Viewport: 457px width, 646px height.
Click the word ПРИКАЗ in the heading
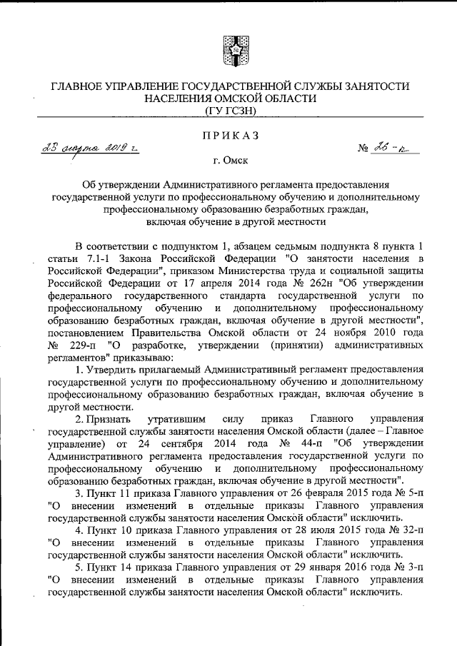[228, 136]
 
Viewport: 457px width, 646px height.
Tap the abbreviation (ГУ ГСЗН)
[228, 111]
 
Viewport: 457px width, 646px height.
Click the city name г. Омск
[228, 161]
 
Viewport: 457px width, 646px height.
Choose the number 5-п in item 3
[396, 493]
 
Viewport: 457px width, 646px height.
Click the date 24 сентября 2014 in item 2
[179, 445]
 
